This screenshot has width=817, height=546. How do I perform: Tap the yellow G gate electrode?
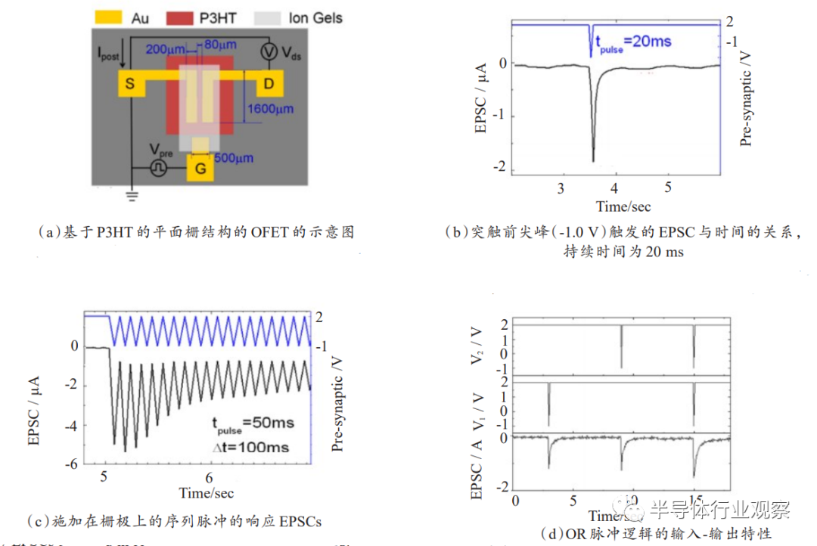click(200, 169)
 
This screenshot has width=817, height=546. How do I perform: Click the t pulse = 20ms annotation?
click(633, 42)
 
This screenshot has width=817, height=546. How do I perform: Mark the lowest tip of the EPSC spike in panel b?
click(592, 161)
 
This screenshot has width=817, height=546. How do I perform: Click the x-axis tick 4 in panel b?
click(614, 187)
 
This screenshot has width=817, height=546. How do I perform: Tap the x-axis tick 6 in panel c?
click(210, 478)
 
